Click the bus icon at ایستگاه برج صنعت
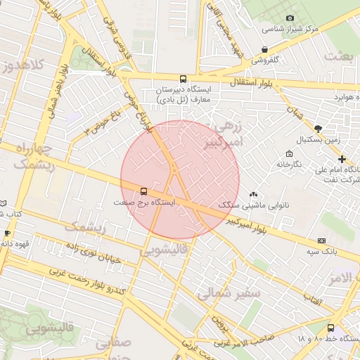click(144, 191)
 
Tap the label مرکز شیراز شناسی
click(290, 30)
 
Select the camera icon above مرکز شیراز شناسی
click(290, 18)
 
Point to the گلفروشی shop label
click(265, 60)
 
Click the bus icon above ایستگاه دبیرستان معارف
click(184, 79)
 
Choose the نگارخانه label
click(288, 164)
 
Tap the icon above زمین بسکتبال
click(318, 128)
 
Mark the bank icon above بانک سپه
click(322, 240)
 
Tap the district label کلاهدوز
click(22, 67)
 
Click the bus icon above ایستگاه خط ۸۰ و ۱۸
click(330, 327)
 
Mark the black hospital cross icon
click(342, 159)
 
